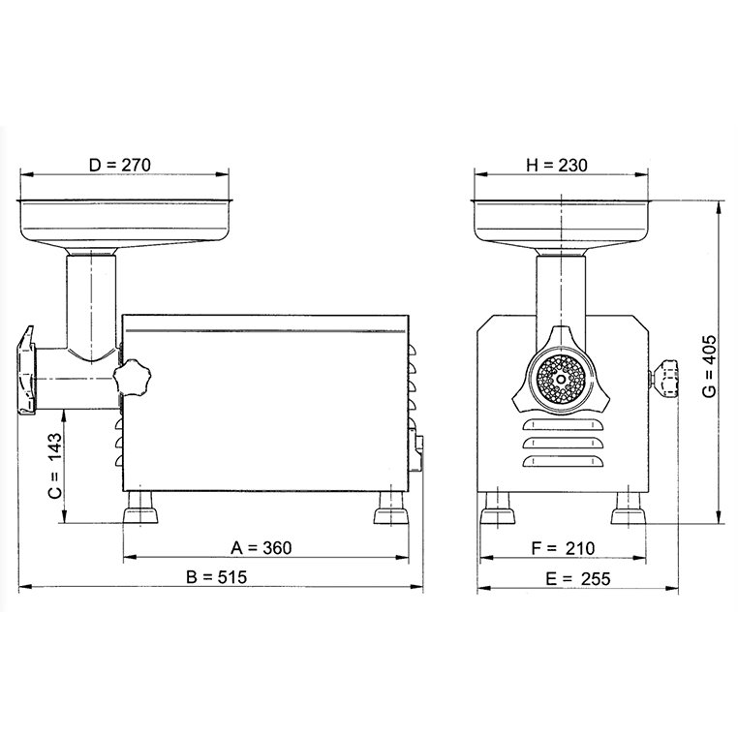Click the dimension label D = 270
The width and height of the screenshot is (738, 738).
click(120, 165)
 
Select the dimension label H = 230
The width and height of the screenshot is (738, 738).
click(557, 166)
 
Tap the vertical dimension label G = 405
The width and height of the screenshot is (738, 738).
click(709, 366)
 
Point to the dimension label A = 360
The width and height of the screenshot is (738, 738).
click(261, 548)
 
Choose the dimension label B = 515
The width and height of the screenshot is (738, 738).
click(217, 577)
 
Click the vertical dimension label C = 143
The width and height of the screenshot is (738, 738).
click(55, 466)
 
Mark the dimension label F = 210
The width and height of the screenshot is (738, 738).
click(564, 548)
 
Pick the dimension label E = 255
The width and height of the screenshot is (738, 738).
click(578, 578)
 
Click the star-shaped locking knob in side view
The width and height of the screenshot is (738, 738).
click(133, 376)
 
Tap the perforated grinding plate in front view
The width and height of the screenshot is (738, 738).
click(561, 379)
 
